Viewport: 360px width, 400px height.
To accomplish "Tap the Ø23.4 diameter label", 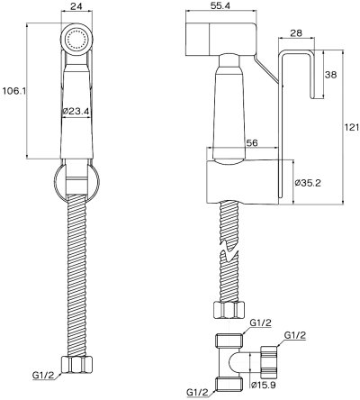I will click(x=77, y=111).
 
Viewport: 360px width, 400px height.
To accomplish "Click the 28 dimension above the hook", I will click(x=295, y=34).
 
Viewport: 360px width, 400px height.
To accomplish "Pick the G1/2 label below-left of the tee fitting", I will click(x=202, y=391).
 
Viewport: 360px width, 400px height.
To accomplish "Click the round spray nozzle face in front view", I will click(x=76, y=39).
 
